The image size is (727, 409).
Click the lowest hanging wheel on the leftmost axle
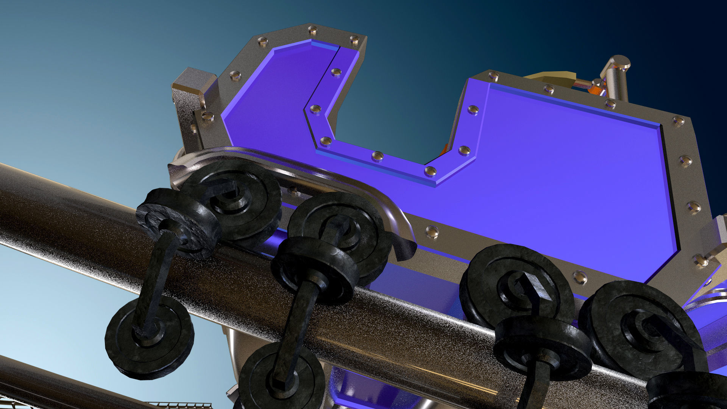coord(150,337)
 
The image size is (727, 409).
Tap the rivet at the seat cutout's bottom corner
coord(430,171)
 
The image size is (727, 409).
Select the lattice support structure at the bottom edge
coord(178,405)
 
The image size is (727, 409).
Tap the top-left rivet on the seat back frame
coord(262,41)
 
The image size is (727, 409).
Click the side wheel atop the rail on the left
coord(178,223)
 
